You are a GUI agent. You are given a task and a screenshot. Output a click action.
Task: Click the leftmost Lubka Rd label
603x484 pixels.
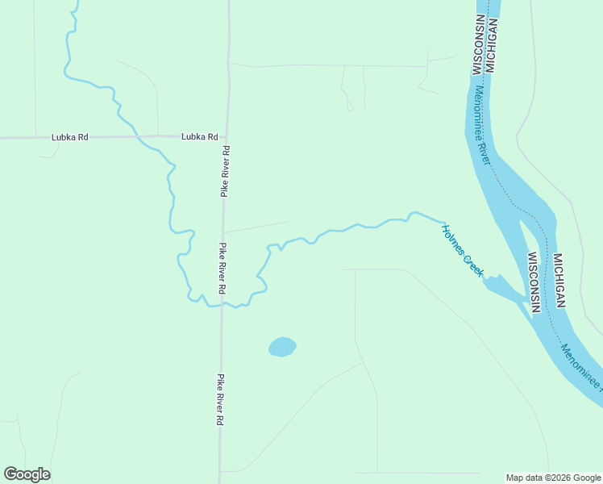click(x=69, y=137)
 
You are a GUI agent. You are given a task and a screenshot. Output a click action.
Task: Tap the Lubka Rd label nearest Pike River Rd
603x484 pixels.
click(x=200, y=136)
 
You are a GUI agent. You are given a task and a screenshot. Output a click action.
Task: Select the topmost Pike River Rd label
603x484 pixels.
click(x=227, y=171)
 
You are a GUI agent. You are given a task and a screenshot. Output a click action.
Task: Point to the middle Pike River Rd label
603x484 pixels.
click(x=221, y=268)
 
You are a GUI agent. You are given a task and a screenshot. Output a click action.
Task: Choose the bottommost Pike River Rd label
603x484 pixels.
click(x=218, y=399)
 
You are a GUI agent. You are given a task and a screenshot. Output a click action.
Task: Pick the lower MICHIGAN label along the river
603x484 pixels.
click(x=558, y=281)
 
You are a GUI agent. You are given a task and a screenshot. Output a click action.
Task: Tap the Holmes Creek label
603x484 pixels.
click(x=462, y=250)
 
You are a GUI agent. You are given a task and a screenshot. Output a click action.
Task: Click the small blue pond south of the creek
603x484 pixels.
click(x=282, y=347)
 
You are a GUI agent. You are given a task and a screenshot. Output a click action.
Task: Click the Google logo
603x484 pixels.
click(x=27, y=474)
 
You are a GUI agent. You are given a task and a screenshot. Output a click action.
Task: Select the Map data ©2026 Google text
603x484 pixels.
click(x=552, y=478)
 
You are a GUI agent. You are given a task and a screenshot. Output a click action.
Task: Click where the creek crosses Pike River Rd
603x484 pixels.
click(x=221, y=306)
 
